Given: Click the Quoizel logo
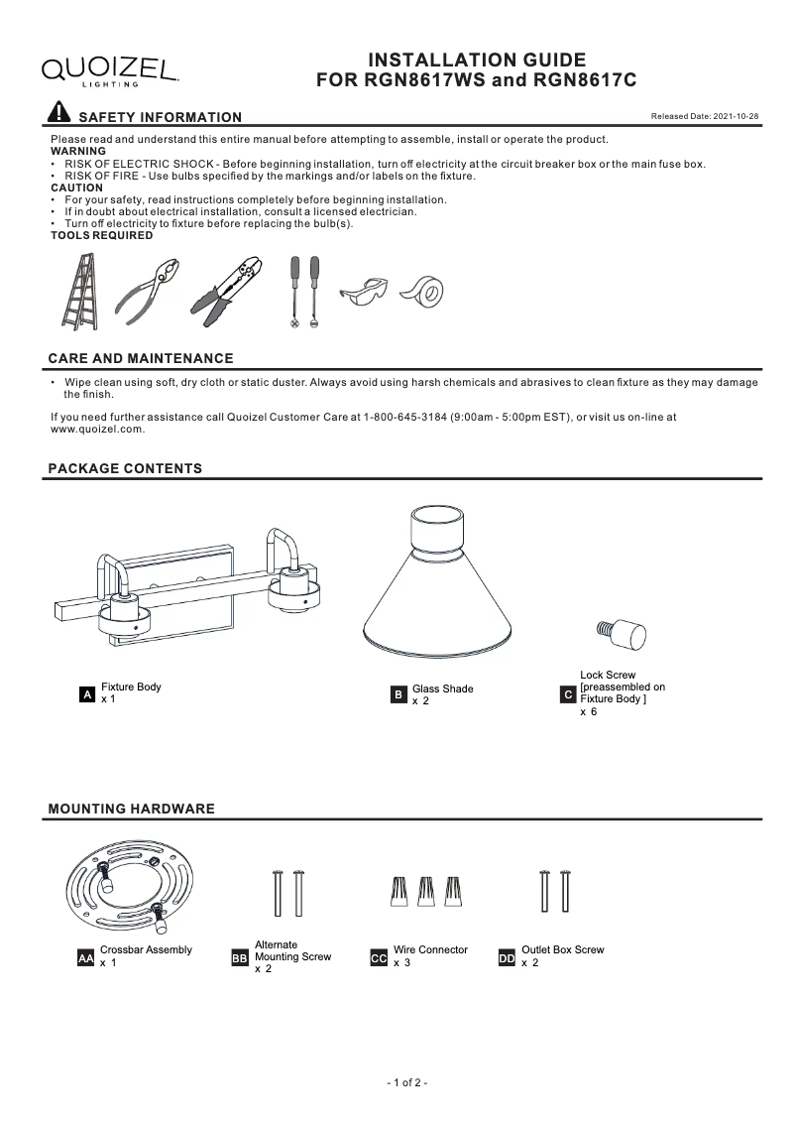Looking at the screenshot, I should click(x=109, y=69).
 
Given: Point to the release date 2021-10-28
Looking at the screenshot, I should click(x=704, y=117).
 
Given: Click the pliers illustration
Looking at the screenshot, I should click(x=150, y=291).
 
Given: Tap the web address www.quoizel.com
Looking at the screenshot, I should click(x=97, y=430).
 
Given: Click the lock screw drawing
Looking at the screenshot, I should click(x=621, y=632).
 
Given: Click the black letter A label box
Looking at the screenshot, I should click(x=87, y=696).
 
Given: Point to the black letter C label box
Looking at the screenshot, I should click(x=568, y=696).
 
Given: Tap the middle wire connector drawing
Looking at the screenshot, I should click(x=427, y=892).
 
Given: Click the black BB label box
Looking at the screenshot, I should click(x=240, y=959).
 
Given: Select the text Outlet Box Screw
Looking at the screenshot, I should click(x=562, y=950).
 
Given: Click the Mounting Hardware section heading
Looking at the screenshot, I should click(x=132, y=810).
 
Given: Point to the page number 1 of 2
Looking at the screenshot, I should click(x=406, y=1083).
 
